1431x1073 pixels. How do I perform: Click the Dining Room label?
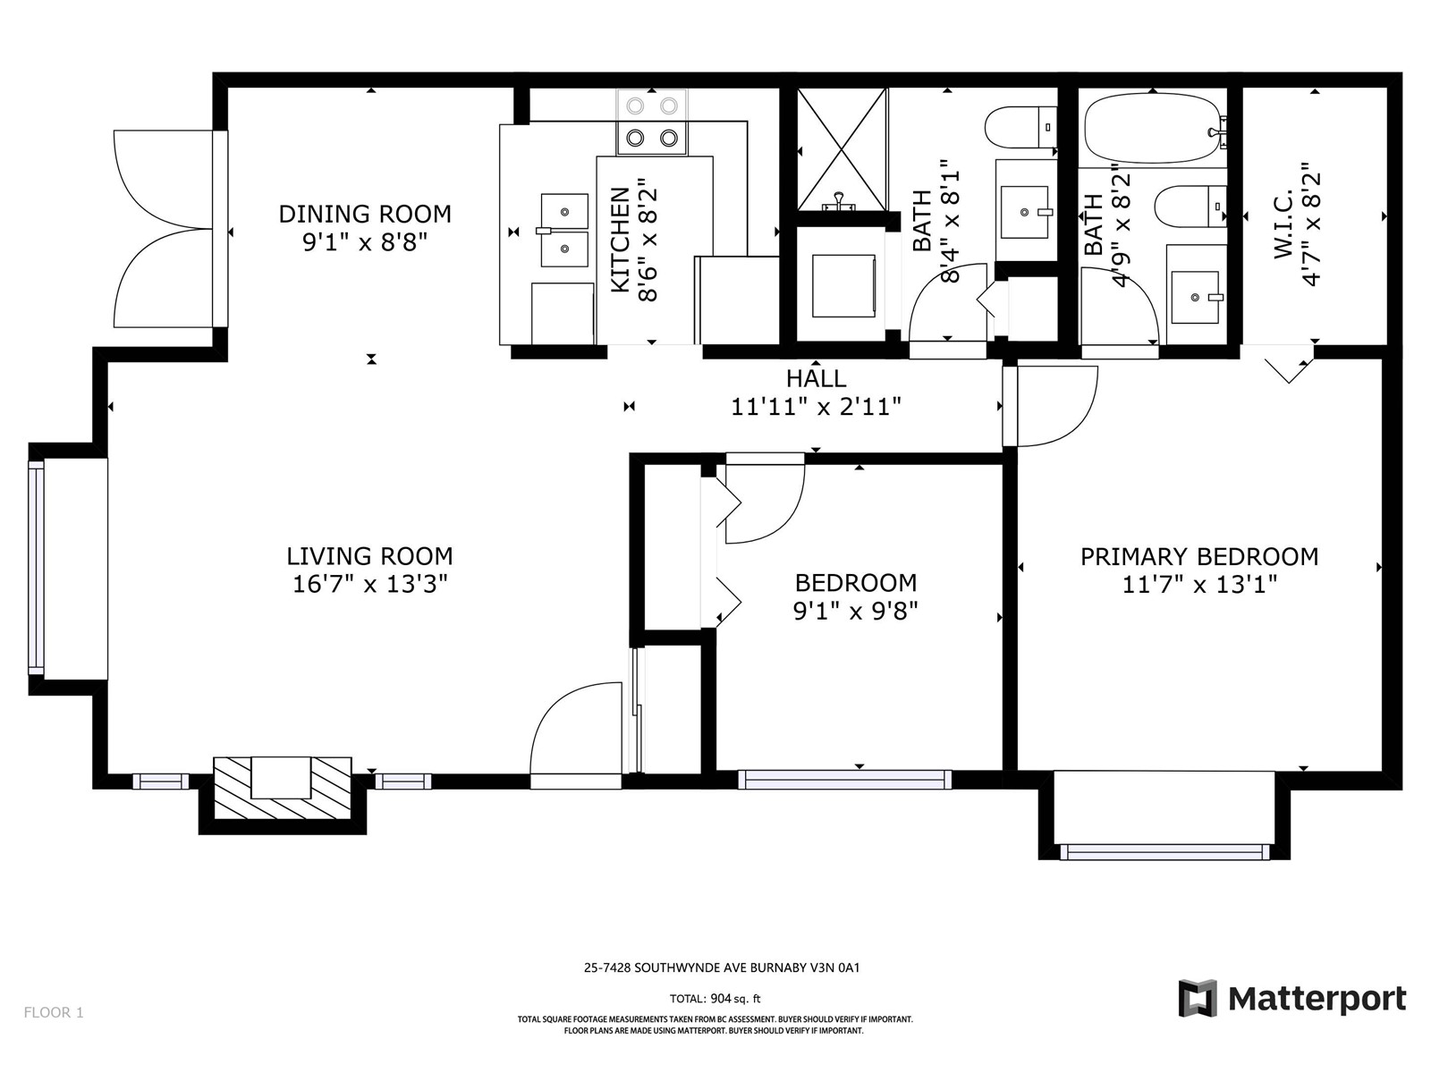click(x=364, y=214)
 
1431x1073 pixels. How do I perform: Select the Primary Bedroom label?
click(x=1199, y=556)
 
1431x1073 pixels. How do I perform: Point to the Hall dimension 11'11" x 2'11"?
click(x=816, y=407)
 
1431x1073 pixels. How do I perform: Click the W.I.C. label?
click(x=1283, y=224)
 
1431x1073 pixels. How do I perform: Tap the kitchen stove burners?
click(x=652, y=122)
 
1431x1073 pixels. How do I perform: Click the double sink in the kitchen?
click(x=564, y=230)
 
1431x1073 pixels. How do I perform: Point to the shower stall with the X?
click(x=843, y=150)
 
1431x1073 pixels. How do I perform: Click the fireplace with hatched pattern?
click(x=283, y=788)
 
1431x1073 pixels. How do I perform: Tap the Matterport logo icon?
click(x=1198, y=998)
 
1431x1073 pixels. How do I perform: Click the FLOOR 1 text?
click(x=54, y=1012)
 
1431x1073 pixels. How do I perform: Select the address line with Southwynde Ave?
click(x=722, y=968)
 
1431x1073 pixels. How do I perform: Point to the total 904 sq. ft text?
click(x=715, y=999)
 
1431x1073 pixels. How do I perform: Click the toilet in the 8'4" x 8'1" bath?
click(x=1020, y=128)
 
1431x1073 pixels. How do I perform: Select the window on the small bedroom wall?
click(x=845, y=780)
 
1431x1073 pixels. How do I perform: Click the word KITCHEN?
click(x=620, y=240)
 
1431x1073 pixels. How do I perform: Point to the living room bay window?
click(x=37, y=568)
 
